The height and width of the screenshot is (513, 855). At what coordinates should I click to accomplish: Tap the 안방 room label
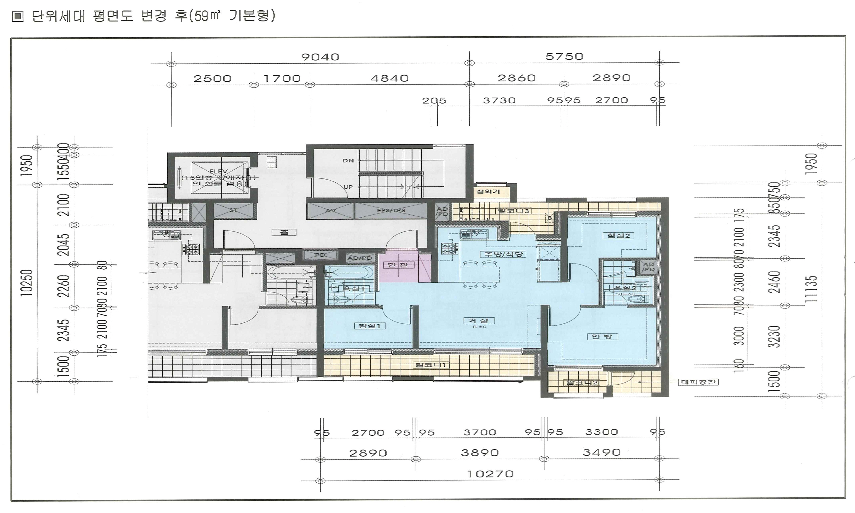pos(602,336)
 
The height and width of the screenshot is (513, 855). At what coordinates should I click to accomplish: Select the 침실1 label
pos(370,326)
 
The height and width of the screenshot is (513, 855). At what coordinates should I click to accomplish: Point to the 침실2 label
pos(618,235)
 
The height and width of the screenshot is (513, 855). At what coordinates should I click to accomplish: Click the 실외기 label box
pos(488,191)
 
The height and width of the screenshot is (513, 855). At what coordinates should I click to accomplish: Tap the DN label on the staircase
pos(348,160)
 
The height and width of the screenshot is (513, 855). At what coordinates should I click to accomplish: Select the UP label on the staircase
pos(348,187)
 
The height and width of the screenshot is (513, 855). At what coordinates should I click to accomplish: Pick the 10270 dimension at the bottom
pos(490,474)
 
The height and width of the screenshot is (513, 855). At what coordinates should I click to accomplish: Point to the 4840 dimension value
pos(389,79)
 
